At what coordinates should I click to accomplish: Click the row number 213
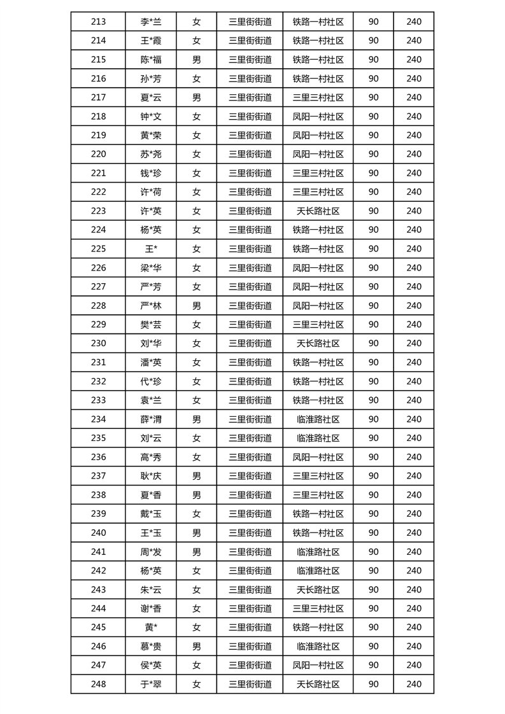(98, 22)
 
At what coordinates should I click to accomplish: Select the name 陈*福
(151, 60)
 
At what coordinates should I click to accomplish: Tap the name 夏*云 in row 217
(151, 97)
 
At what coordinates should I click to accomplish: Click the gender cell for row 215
(197, 60)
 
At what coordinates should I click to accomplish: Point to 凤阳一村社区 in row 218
(318, 116)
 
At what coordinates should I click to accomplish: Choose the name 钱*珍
(151, 173)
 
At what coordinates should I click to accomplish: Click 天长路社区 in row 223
(318, 211)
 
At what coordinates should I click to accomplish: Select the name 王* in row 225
(151, 249)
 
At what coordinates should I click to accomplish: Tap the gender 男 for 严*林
(197, 305)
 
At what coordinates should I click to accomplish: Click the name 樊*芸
(151, 325)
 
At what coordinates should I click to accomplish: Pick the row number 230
(98, 344)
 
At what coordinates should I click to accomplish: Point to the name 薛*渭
(151, 419)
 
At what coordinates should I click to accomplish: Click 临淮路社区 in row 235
(318, 438)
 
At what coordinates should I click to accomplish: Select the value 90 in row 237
(373, 476)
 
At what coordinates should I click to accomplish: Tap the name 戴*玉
(151, 514)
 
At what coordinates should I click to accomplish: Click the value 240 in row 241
(414, 552)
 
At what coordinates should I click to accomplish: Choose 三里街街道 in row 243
(250, 590)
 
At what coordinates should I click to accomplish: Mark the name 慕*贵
(151, 647)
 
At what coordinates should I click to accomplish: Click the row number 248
(98, 685)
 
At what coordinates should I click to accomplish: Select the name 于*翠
(151, 685)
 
